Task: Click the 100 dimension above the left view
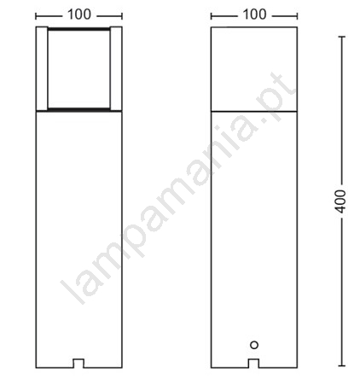click(x=79, y=15)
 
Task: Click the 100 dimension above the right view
click(x=254, y=15)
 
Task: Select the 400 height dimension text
click(x=340, y=201)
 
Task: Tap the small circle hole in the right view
click(x=254, y=345)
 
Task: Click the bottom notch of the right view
click(x=254, y=364)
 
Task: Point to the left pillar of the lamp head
click(x=42, y=68)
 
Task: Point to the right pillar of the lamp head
click(x=116, y=68)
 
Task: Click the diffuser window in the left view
click(x=78, y=68)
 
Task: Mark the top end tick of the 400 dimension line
click(x=341, y=37)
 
